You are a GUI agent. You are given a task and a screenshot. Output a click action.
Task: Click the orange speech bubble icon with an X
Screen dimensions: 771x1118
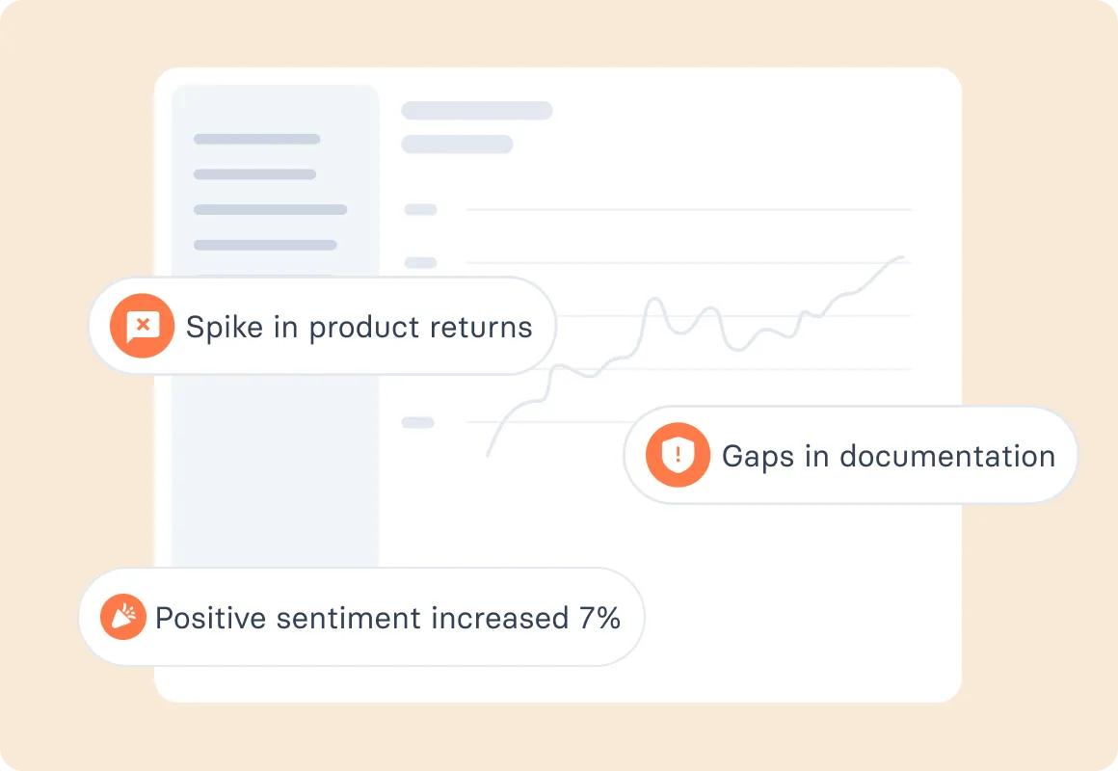[x=142, y=326]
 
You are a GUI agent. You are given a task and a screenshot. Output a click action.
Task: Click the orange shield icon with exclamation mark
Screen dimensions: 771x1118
[x=679, y=455]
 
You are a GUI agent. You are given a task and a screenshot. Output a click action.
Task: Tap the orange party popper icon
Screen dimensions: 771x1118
[x=123, y=617]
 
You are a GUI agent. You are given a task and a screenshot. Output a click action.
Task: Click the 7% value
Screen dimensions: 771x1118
[x=599, y=617]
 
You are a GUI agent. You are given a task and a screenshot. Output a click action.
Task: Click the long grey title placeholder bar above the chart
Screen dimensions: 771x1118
[x=476, y=110]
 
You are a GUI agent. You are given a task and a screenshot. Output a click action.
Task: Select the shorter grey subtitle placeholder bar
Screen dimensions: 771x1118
[x=457, y=145]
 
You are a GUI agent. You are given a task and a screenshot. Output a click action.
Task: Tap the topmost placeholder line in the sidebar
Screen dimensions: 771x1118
[x=256, y=139]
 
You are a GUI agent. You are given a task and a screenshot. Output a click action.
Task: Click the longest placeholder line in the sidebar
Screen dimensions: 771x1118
[x=270, y=209]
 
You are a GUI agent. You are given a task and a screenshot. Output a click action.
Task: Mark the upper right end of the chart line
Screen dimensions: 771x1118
[x=903, y=257]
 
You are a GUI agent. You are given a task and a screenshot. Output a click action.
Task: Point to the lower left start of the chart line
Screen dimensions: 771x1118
[x=488, y=455]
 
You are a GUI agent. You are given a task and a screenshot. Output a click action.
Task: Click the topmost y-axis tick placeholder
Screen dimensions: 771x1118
[x=420, y=209]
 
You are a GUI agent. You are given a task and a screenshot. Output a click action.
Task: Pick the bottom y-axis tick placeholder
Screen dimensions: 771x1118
[x=418, y=422]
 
